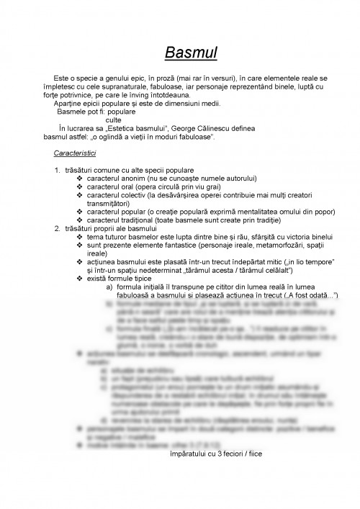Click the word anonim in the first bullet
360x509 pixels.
click(x=132, y=177)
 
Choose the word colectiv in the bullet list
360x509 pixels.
click(x=135, y=194)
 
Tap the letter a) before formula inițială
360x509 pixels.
click(x=109, y=287)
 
